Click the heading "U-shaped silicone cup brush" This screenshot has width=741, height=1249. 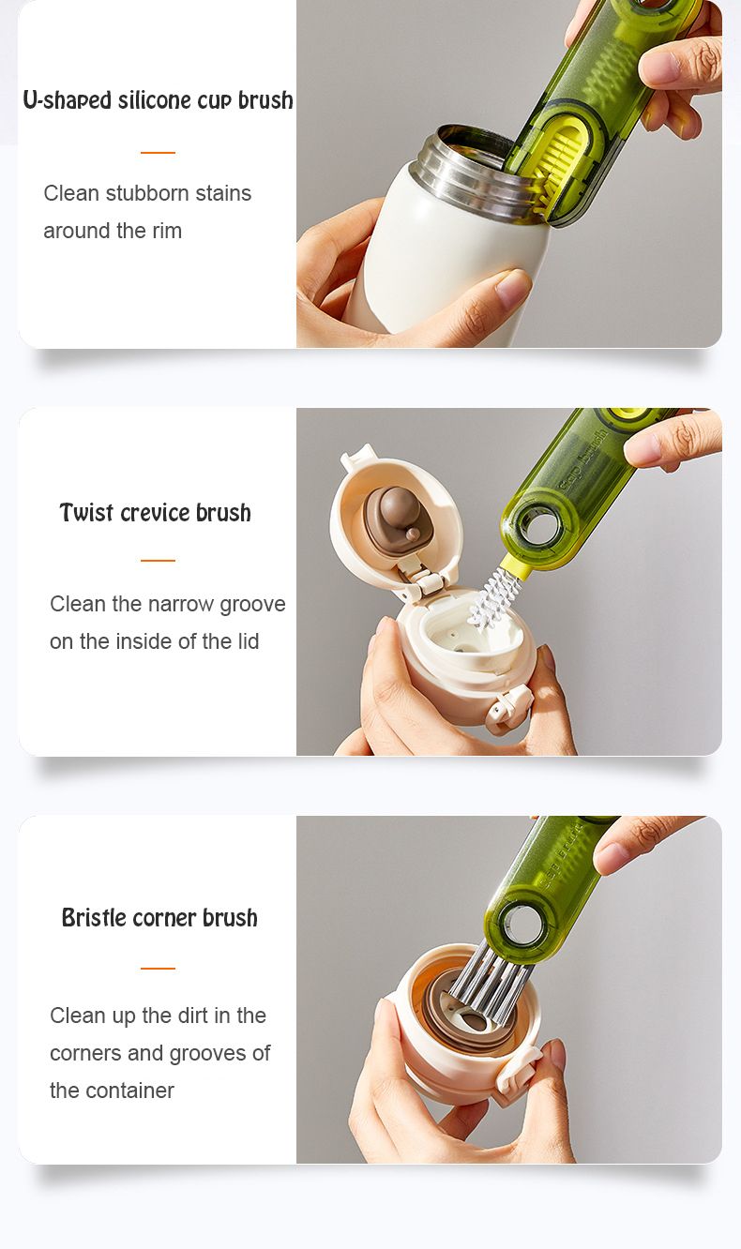coord(158,100)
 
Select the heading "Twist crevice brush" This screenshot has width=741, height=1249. coord(156,512)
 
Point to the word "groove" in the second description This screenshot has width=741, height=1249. coord(252,605)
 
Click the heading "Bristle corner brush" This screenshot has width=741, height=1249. coord(159,917)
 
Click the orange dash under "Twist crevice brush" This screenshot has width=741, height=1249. coord(158,561)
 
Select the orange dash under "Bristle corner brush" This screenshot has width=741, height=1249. coord(158,969)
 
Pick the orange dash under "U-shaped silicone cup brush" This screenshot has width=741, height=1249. coord(158,152)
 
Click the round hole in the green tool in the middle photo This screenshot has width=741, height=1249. coord(541,526)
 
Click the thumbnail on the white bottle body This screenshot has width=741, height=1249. coord(513,287)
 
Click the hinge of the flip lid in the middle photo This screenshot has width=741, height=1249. coord(419,581)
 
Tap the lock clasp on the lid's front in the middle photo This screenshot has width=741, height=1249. coord(508,709)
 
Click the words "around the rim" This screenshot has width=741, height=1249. coord(113,231)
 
